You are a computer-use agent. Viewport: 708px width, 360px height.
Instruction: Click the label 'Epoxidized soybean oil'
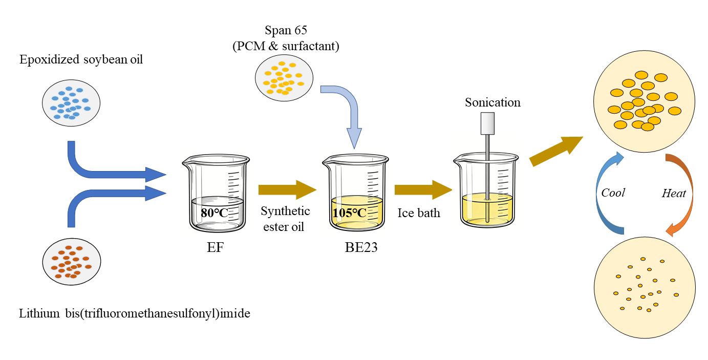point(81,59)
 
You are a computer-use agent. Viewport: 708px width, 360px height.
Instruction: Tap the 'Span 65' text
point(286,30)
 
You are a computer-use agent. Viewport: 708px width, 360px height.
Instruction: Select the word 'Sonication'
point(492,102)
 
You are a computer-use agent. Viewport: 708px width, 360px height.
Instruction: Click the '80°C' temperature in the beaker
point(214,213)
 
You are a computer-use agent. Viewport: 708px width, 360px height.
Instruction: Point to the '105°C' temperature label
point(350,213)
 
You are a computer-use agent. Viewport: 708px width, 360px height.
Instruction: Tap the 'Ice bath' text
point(419,213)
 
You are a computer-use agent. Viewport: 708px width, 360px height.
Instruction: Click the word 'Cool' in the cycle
point(613,193)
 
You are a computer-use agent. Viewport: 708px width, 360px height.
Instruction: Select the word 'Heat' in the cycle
point(674,194)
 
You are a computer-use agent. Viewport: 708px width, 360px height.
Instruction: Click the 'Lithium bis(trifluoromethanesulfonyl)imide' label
point(135,313)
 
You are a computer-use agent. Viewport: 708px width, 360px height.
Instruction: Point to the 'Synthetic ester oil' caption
point(285,219)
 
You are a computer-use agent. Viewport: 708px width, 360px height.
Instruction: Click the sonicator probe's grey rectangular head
point(487,122)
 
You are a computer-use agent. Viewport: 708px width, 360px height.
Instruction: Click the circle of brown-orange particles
point(71,262)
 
